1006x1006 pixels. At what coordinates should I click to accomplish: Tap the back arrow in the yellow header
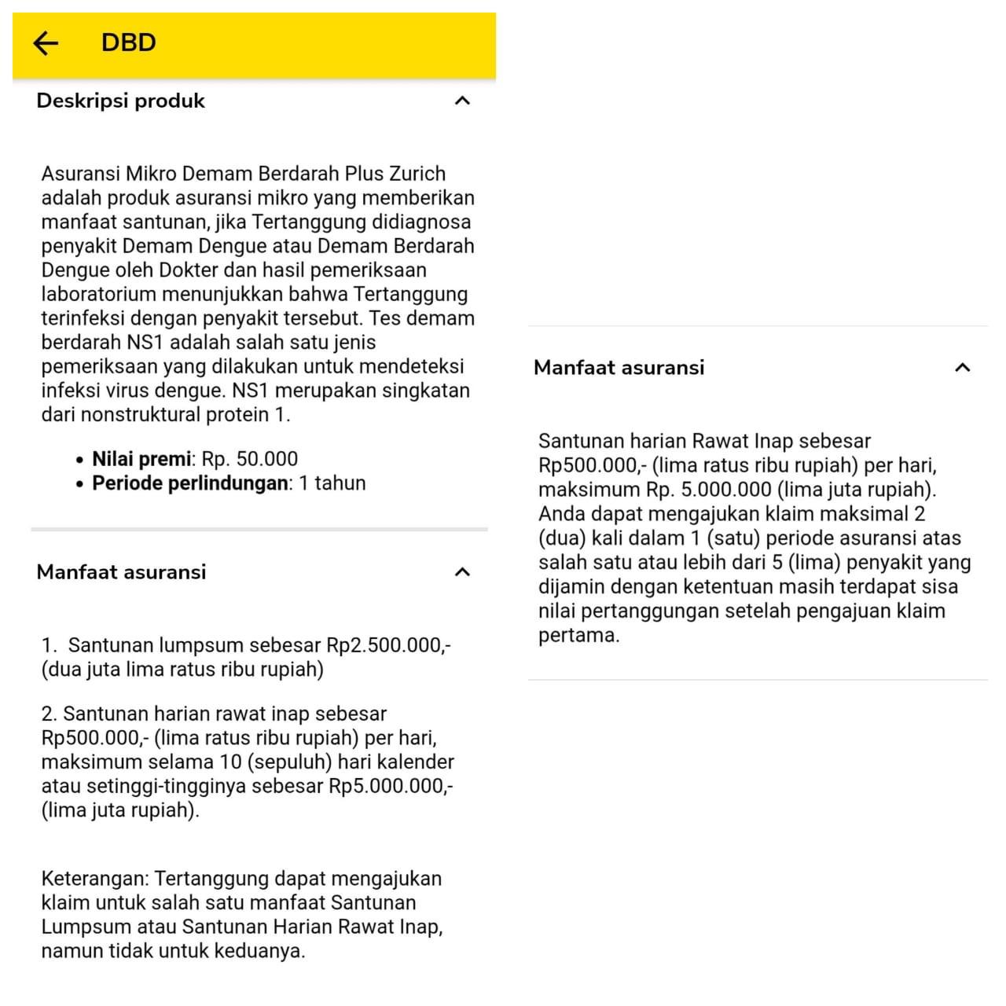pyautogui.click(x=46, y=42)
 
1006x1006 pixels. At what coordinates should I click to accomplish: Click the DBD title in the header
pyautogui.click(x=128, y=42)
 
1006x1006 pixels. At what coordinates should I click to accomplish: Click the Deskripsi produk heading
pyautogui.click(x=120, y=101)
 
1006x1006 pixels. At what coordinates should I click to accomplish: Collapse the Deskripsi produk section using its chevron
pyautogui.click(x=463, y=101)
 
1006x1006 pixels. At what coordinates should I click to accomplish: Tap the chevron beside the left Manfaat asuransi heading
pyautogui.click(x=463, y=572)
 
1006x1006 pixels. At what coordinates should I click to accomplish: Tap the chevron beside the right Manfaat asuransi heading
pyautogui.click(x=962, y=367)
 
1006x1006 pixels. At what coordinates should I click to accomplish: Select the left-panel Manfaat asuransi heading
pyautogui.click(x=121, y=572)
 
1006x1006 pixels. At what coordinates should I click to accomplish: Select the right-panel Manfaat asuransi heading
pyautogui.click(x=619, y=367)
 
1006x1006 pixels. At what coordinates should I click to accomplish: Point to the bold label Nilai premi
pyautogui.click(x=141, y=459)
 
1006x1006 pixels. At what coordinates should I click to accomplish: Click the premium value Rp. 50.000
pyautogui.click(x=250, y=459)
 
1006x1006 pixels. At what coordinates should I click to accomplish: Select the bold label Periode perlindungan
pyautogui.click(x=190, y=483)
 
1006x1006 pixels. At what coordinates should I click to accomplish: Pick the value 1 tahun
pyautogui.click(x=332, y=483)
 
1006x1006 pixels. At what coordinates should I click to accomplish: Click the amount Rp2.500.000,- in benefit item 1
pyautogui.click(x=388, y=645)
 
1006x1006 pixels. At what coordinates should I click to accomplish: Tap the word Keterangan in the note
pyautogui.click(x=94, y=879)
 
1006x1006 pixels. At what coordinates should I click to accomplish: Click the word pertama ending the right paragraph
pyautogui.click(x=578, y=635)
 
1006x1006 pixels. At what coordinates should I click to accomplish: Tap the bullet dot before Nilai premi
pyautogui.click(x=79, y=460)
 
